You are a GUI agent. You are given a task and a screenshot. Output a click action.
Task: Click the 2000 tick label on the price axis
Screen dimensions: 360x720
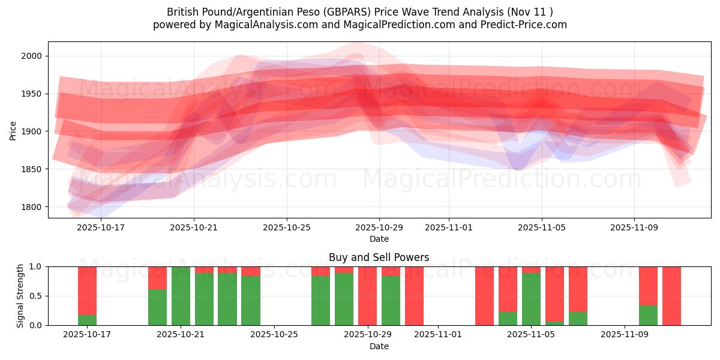pos(32,56)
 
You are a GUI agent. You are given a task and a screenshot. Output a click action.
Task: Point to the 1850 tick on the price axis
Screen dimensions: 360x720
pos(32,169)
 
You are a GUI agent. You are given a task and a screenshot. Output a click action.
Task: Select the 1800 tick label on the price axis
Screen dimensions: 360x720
pos(32,207)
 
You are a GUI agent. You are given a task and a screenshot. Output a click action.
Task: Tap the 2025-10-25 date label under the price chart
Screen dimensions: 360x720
pos(286,227)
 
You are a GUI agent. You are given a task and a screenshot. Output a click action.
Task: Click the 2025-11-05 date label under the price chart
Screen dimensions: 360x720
pos(542,227)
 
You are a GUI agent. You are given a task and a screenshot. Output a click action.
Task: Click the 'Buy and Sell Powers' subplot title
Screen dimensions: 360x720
pos(379,257)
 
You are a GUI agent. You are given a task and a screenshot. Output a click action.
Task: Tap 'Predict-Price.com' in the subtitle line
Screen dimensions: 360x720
pos(526,25)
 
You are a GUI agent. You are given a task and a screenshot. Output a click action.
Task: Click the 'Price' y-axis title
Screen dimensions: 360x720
pos(13,130)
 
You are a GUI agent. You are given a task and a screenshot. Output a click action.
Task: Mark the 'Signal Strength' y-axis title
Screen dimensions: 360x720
pos(20,296)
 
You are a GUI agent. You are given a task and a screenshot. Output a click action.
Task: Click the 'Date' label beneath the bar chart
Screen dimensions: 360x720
pos(379,346)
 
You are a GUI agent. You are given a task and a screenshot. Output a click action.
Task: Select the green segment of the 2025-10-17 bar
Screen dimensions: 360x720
pos(87,320)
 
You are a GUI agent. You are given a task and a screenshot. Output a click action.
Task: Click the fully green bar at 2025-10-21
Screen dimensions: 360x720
pos(181,296)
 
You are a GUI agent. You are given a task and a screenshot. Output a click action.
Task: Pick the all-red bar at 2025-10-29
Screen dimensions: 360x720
pos(367,296)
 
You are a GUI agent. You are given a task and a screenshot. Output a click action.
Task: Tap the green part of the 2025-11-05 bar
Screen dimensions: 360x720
pos(531,299)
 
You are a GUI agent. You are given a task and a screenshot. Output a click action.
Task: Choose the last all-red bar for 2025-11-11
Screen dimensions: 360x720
pos(671,296)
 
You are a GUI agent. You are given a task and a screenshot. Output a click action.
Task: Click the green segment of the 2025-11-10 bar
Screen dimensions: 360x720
pos(648,315)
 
